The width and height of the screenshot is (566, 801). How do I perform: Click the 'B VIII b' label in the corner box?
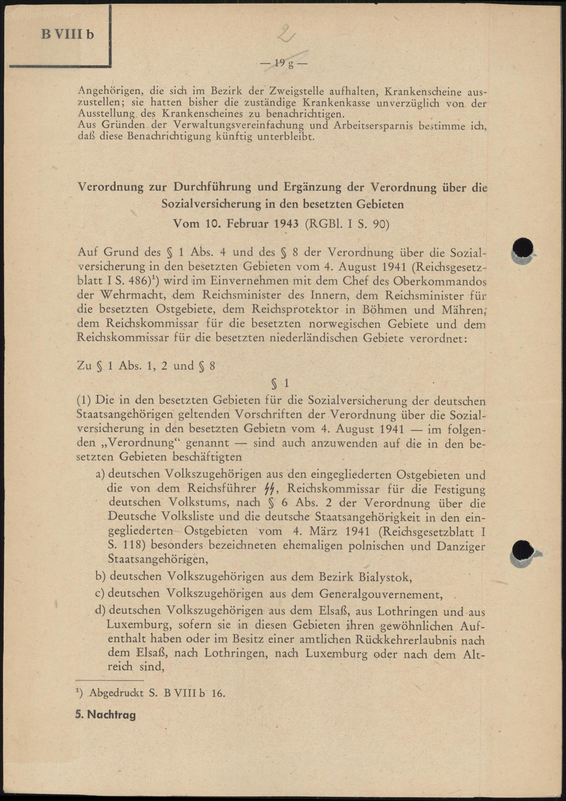(x=68, y=35)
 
